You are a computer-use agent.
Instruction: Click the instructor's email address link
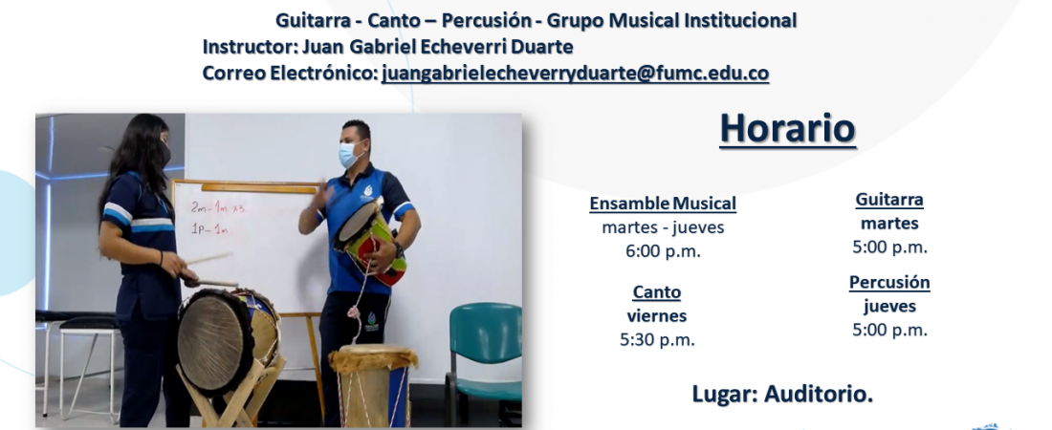pos(575,74)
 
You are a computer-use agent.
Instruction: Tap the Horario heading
pos(788,129)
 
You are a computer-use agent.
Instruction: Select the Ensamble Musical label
pos(663,204)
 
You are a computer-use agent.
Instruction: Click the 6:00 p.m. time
pos(663,251)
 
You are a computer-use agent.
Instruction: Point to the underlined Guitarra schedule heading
pos(889,200)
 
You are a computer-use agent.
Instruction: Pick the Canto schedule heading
pos(657,292)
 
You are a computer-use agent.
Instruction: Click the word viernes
pos(657,316)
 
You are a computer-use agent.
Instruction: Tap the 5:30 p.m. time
pos(657,340)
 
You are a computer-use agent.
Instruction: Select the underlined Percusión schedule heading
pos(889,283)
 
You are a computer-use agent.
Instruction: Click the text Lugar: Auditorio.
pos(782,395)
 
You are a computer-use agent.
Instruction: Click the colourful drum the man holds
pos(370,240)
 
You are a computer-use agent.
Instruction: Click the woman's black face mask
pos(164,154)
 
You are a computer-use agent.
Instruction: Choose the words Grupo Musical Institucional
pos(671,21)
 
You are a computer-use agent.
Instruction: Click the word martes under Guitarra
pos(889,224)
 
